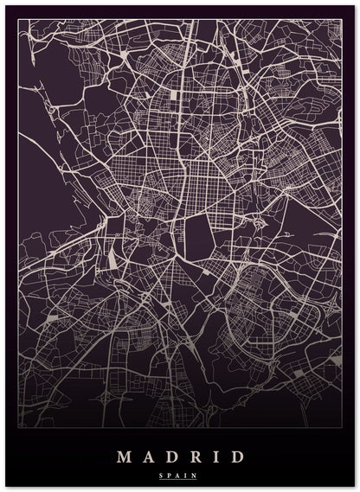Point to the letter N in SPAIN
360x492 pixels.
tap(195, 475)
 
